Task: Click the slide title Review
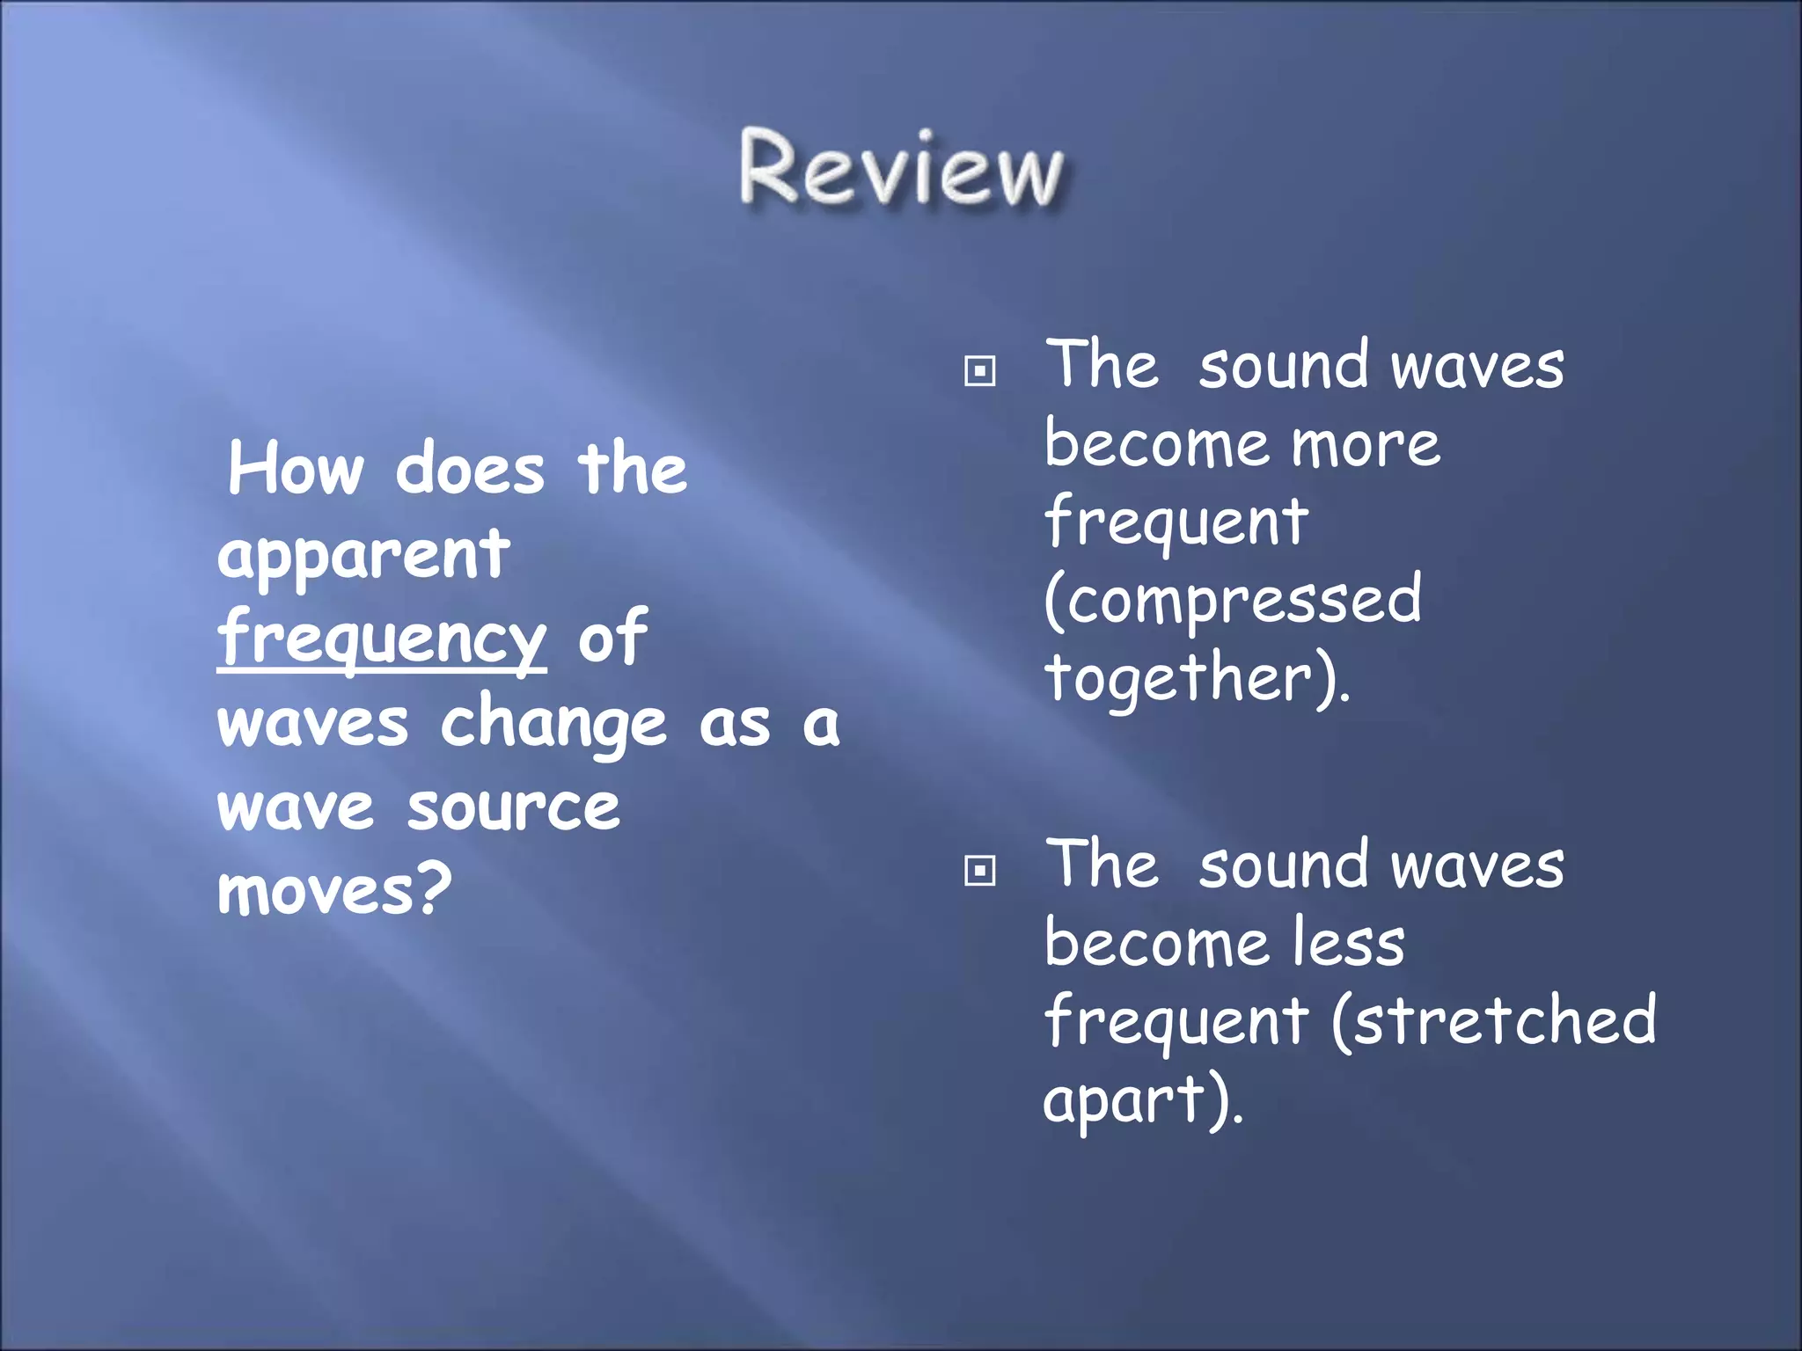coord(901,169)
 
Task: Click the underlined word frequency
coord(382,639)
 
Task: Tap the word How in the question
coord(296,470)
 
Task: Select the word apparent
coord(363,556)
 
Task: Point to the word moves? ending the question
coord(334,890)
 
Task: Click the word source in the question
coord(514,807)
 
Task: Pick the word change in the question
coord(553,725)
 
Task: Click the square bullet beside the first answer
coord(979,371)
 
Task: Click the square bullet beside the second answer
coord(979,871)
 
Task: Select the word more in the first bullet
coord(1366,445)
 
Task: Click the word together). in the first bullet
coord(1197,679)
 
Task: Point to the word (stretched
coord(1494,1020)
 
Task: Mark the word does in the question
coord(470,470)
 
